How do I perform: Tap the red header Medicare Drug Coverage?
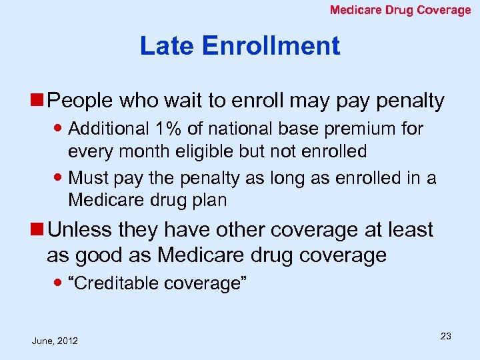401,10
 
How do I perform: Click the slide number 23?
445,336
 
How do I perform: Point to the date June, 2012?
55,341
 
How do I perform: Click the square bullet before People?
39,101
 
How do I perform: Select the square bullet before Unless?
39,230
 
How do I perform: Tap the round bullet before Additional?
59,129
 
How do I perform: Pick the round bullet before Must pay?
59,178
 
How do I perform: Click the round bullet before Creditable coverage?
59,284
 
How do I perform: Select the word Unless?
81,230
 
